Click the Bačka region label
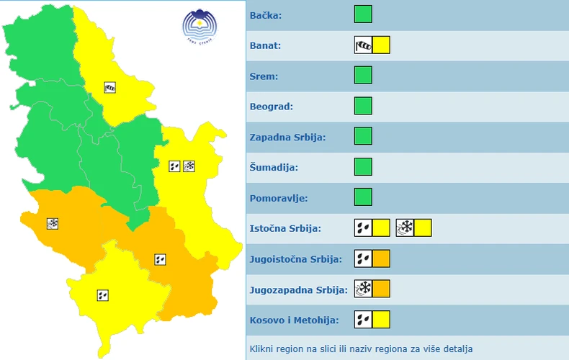click(266, 15)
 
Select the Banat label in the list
click(266, 45)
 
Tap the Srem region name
click(264, 76)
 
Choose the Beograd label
click(272, 107)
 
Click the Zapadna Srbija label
click(287, 137)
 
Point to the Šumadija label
click(273, 167)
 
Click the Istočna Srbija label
click(285, 228)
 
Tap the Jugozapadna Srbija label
click(298, 289)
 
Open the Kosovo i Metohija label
click(294, 320)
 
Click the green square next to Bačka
click(363, 14)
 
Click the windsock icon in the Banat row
click(363, 45)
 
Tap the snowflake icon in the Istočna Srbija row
click(405, 228)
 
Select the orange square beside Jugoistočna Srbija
click(381, 258)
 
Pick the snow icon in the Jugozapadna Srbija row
click(363, 289)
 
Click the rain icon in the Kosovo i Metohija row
click(363, 320)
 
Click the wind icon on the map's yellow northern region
click(110, 87)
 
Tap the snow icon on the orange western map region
click(53, 224)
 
